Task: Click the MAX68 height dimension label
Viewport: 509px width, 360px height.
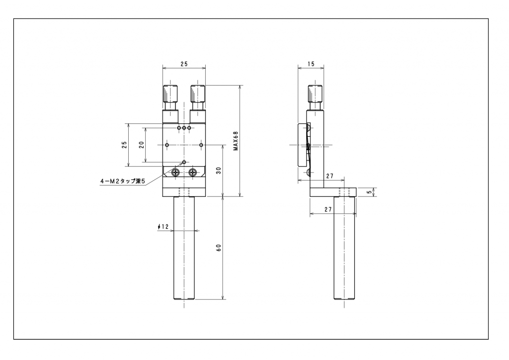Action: (x=236, y=141)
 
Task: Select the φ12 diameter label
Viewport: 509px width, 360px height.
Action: (x=163, y=227)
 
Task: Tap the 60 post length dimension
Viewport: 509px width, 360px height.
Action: (x=219, y=248)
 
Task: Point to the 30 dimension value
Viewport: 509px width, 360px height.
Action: (x=219, y=171)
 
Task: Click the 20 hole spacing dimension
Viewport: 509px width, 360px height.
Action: (x=142, y=145)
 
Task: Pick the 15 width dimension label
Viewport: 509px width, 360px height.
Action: (x=311, y=64)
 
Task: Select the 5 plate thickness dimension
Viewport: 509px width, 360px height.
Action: (x=369, y=192)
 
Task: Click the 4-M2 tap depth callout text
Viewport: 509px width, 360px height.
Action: (x=122, y=181)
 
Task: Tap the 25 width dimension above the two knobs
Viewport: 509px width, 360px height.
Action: (x=184, y=64)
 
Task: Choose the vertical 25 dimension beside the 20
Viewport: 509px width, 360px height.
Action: (x=124, y=145)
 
